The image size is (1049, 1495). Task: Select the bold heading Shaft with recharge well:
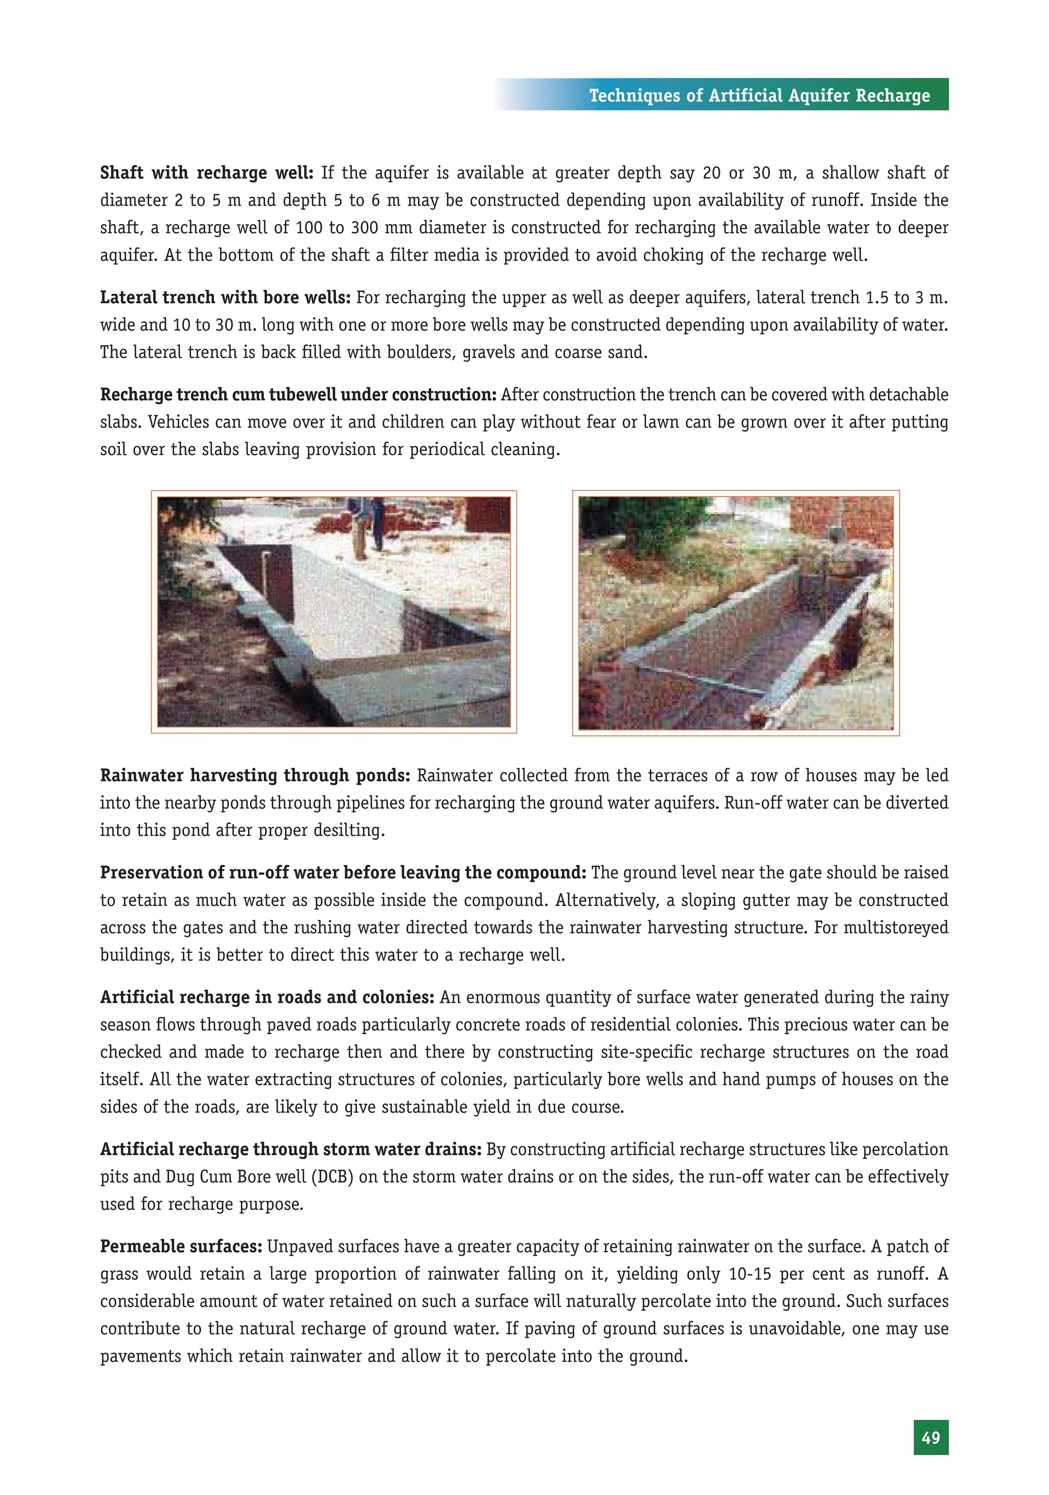(206, 173)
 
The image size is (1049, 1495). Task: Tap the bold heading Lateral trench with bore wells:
(225, 298)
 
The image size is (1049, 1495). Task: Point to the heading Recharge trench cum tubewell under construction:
(298, 395)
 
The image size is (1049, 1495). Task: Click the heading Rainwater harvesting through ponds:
(255, 775)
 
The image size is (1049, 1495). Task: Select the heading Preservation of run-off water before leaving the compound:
(343, 872)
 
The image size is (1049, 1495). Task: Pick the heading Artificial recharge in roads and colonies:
(267, 997)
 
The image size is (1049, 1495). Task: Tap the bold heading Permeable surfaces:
(181, 1246)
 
